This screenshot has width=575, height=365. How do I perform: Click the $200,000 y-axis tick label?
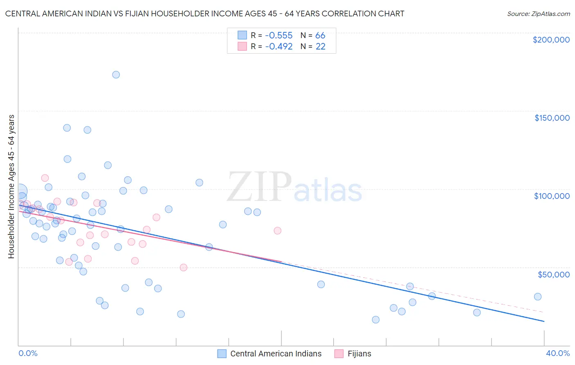(x=551, y=40)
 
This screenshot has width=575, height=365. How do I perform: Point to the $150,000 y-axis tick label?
(x=552, y=118)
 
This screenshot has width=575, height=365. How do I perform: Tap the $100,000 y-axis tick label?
(x=552, y=196)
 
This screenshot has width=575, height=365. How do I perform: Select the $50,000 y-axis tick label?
(x=553, y=274)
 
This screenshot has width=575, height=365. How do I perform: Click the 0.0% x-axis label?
(x=28, y=353)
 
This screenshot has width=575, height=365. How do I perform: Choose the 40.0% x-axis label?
(x=557, y=353)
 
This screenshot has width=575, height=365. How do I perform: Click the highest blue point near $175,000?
(x=116, y=74)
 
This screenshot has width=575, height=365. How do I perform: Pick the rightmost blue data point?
(x=538, y=297)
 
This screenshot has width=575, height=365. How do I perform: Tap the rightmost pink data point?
(x=278, y=230)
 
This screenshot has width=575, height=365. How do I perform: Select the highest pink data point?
(x=45, y=178)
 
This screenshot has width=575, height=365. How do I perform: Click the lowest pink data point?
(x=184, y=268)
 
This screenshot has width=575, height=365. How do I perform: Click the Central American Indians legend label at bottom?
(x=276, y=354)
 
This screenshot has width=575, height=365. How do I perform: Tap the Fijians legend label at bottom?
(x=359, y=354)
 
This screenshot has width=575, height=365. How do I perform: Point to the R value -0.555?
(x=279, y=36)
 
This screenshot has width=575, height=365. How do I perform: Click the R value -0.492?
(x=279, y=47)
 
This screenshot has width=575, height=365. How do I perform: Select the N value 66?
(x=320, y=36)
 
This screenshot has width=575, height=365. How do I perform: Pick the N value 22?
(x=320, y=47)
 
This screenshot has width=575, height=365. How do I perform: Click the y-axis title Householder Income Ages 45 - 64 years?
(x=11, y=186)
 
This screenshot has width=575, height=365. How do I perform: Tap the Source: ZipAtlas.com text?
(x=538, y=14)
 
